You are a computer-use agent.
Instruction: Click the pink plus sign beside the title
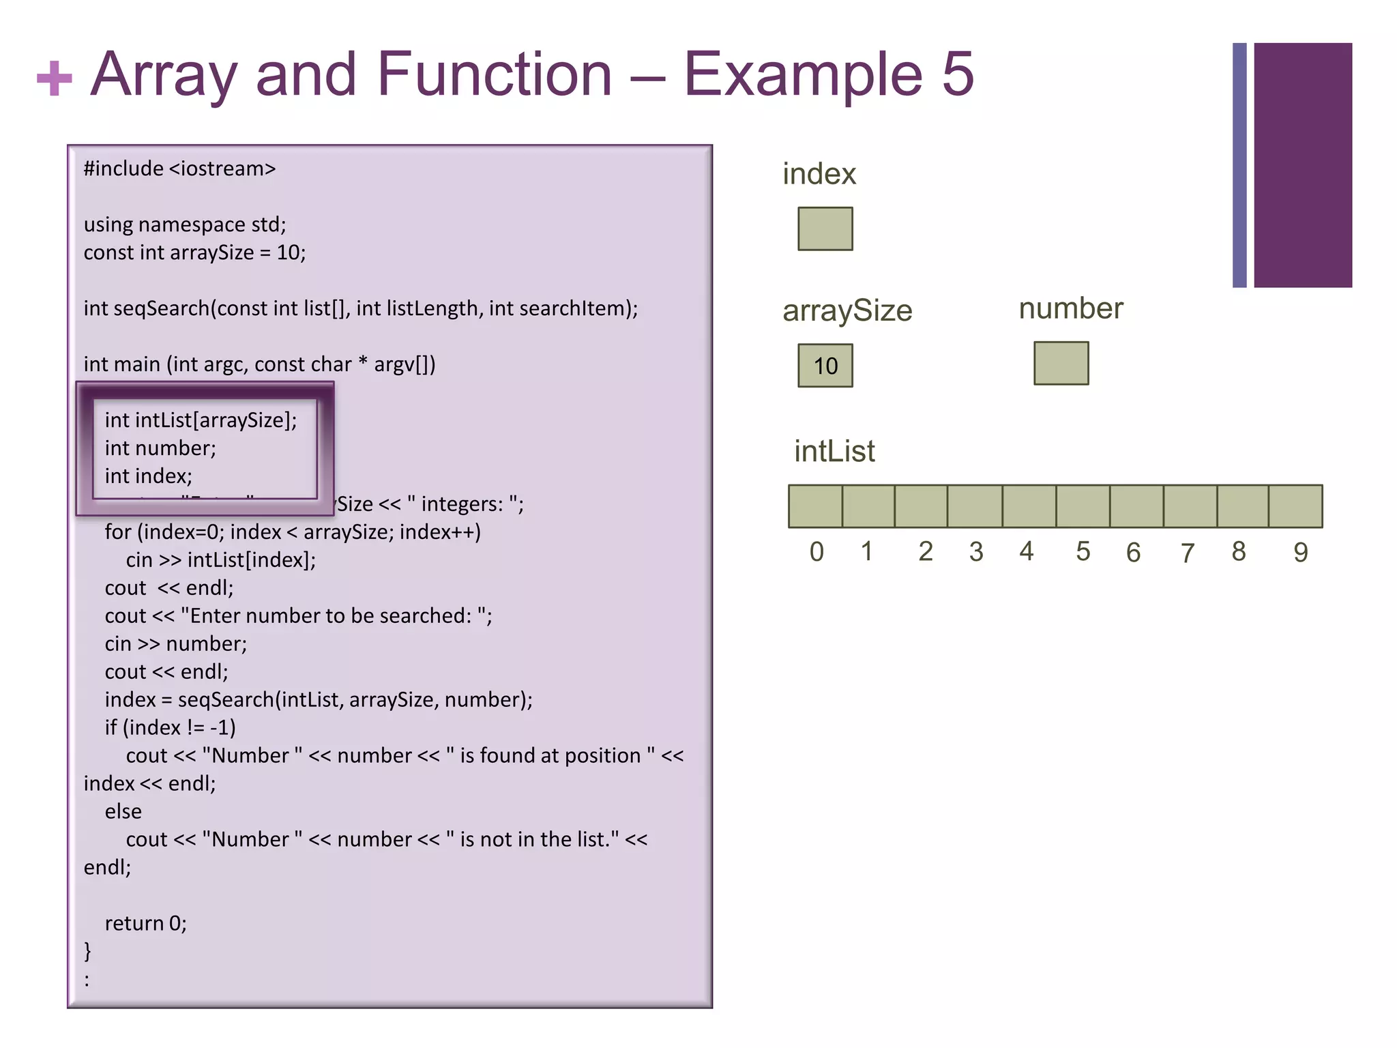click(x=54, y=77)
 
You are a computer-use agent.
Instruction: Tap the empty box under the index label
click(x=825, y=229)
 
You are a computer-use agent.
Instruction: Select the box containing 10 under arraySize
click(x=825, y=366)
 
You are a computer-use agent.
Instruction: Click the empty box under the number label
click(x=1061, y=363)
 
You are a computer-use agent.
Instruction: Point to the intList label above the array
click(x=834, y=451)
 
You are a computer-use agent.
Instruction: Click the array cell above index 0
click(x=815, y=506)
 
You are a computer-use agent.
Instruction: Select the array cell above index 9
click(x=1295, y=506)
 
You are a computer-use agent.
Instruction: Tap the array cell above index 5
click(x=1083, y=506)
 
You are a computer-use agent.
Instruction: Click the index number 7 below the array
click(x=1188, y=553)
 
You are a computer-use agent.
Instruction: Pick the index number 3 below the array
click(x=976, y=551)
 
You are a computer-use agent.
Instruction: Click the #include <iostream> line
click(x=179, y=169)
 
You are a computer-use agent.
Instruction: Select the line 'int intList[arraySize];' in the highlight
click(x=201, y=420)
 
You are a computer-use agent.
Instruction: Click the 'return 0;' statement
click(x=145, y=923)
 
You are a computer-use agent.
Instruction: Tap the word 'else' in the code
click(x=123, y=811)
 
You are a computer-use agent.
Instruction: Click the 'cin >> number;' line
click(x=175, y=643)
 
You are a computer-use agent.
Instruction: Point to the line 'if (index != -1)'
click(x=170, y=727)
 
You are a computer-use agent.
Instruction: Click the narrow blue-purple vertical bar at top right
click(x=1239, y=165)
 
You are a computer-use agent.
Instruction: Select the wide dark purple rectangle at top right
click(x=1302, y=165)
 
